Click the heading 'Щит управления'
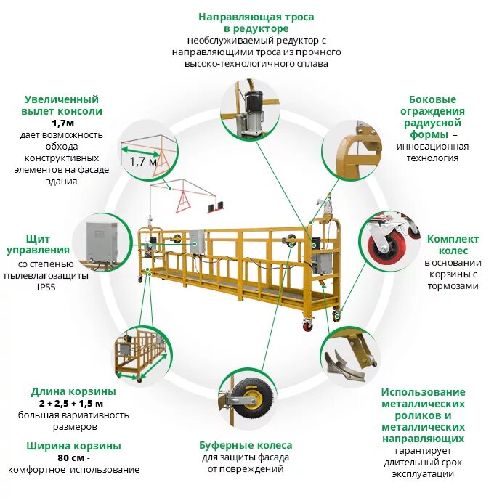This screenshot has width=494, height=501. point(43,245)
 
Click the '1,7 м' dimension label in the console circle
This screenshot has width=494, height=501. point(144,161)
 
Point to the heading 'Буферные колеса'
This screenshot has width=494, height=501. point(246,445)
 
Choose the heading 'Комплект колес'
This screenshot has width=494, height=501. point(453,245)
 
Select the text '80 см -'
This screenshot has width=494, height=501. point(73,458)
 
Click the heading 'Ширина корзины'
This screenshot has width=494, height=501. point(73,446)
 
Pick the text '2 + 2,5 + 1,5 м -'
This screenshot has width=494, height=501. point(73,403)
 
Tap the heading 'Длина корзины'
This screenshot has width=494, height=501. point(73,391)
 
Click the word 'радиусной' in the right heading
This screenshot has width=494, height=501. point(434,123)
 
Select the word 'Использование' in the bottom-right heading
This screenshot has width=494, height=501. point(423,392)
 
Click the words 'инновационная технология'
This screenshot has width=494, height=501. point(432,152)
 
